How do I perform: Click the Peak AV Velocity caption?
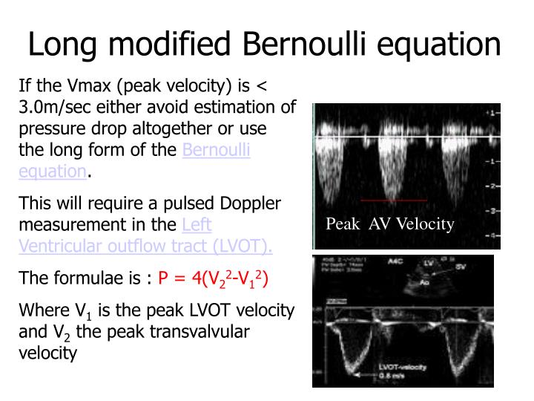pyautogui.click(x=390, y=224)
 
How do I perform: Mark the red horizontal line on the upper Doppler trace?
pyautogui.click(x=393, y=200)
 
